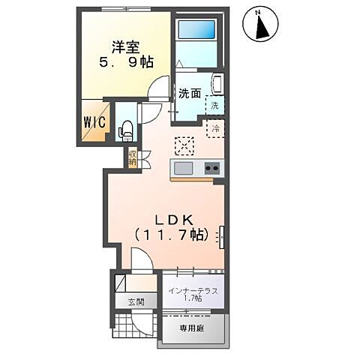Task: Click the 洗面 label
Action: (x=189, y=94)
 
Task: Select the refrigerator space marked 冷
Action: (x=214, y=130)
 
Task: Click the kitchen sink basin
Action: (x=183, y=167)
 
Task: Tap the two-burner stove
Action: (x=211, y=167)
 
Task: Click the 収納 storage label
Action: (x=132, y=158)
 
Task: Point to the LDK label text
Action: (x=175, y=219)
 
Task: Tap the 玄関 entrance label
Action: (x=135, y=302)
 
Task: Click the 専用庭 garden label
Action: (x=190, y=328)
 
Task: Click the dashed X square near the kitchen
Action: (x=183, y=145)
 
